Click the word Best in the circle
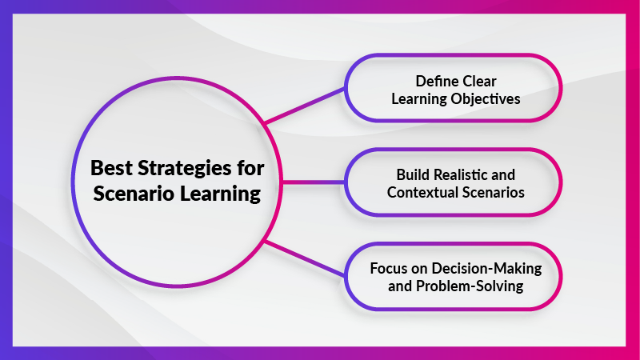tap(111, 168)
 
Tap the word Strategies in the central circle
tap(184, 169)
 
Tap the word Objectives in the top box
tap(486, 98)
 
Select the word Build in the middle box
tap(413, 174)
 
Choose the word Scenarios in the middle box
tap(492, 192)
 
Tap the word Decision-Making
tap(486, 269)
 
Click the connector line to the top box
tap(305, 106)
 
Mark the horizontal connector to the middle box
tap(313, 182)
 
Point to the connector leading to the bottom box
tap(305, 258)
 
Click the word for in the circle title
tap(250, 168)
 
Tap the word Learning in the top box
tap(418, 99)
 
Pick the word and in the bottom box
tap(399, 286)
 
